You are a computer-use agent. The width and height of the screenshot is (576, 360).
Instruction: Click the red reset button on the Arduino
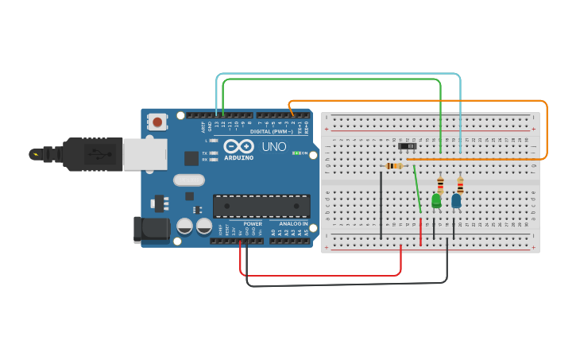point(157,122)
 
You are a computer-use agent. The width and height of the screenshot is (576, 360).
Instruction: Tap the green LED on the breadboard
point(436,201)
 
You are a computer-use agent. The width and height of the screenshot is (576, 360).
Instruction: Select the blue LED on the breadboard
point(456,201)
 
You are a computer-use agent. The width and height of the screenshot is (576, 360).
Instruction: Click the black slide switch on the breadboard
point(408,146)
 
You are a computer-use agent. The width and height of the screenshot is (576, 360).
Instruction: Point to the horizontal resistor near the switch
point(392,166)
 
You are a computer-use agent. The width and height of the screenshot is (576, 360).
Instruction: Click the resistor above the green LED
point(440,184)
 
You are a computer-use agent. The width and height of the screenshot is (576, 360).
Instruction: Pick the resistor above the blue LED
point(460,185)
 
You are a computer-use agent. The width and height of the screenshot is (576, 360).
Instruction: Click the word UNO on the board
point(274,147)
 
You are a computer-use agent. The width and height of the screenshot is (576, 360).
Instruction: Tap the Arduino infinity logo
point(238,146)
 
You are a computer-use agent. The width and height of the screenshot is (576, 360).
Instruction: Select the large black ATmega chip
point(261,206)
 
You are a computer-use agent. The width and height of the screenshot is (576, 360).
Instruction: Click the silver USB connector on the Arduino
point(145,154)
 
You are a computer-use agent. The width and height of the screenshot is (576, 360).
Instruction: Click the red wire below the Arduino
point(318,276)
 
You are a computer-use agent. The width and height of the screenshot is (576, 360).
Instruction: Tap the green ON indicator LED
point(296,153)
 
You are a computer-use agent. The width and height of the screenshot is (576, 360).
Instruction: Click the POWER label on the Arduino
point(253,223)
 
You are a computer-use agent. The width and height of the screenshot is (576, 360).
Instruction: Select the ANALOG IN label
point(292,223)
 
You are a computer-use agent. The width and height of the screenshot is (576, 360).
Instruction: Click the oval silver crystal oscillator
point(189,180)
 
